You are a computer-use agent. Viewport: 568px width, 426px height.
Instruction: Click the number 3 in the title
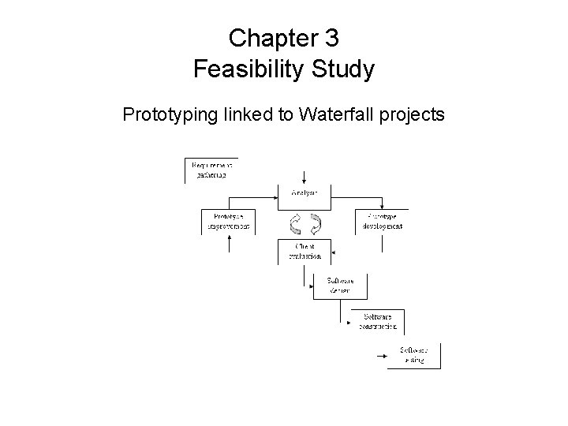[x=330, y=37]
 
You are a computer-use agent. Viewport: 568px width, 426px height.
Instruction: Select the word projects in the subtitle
[x=412, y=115]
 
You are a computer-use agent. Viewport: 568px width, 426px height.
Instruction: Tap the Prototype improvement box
[x=229, y=221]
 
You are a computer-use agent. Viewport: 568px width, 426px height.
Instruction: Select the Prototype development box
[x=383, y=221]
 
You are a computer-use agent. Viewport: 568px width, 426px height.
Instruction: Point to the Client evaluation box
[x=303, y=251]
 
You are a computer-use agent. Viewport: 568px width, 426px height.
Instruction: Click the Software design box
[x=340, y=285]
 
